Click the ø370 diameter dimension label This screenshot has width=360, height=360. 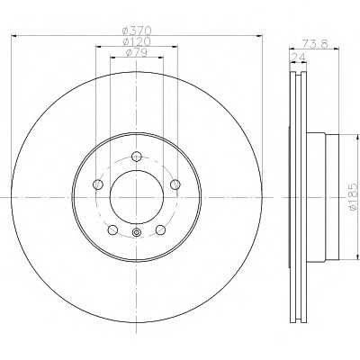pos(136,31)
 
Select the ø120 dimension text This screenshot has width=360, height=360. pos(136,42)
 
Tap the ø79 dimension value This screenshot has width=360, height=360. pos(136,53)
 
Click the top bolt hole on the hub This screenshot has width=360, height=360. pos(136,157)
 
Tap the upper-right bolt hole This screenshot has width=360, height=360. pos(175,186)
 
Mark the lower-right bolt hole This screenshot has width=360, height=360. pos(160,230)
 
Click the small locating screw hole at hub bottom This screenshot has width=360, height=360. pos(136,237)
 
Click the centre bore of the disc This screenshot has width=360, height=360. pos(136,196)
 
